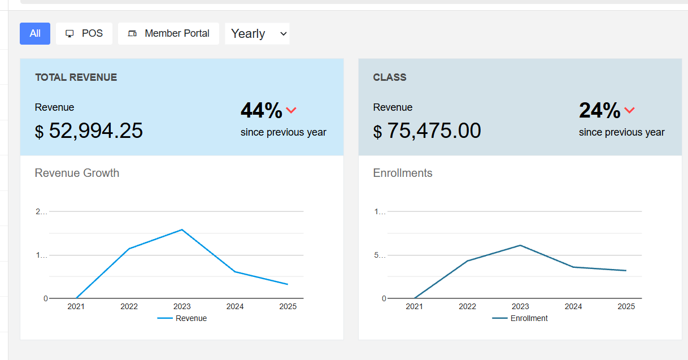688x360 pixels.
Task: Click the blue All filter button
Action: [x=35, y=33]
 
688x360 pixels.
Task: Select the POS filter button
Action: [x=84, y=33]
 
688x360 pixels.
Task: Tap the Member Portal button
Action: [x=168, y=33]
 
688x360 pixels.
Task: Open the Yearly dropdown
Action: [x=257, y=33]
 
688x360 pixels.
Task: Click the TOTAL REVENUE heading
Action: [x=76, y=77]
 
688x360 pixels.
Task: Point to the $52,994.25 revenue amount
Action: [x=89, y=131]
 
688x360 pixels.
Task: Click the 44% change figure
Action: [x=261, y=110]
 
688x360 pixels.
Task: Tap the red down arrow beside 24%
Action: [x=629, y=110]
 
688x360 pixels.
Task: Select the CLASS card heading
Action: [x=390, y=77]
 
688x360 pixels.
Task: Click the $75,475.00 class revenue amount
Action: [x=428, y=131]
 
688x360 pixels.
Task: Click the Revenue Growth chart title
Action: [x=77, y=173]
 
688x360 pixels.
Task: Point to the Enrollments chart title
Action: [x=403, y=173]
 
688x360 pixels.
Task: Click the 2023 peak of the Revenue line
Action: [x=182, y=229]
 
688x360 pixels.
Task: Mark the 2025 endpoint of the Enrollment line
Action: [x=626, y=271]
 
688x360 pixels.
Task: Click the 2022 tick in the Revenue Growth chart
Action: [x=129, y=306]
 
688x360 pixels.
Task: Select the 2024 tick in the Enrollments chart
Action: [x=573, y=306]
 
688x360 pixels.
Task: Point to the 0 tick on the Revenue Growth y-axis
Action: [x=46, y=298]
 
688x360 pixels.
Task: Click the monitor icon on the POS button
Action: [x=70, y=33]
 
